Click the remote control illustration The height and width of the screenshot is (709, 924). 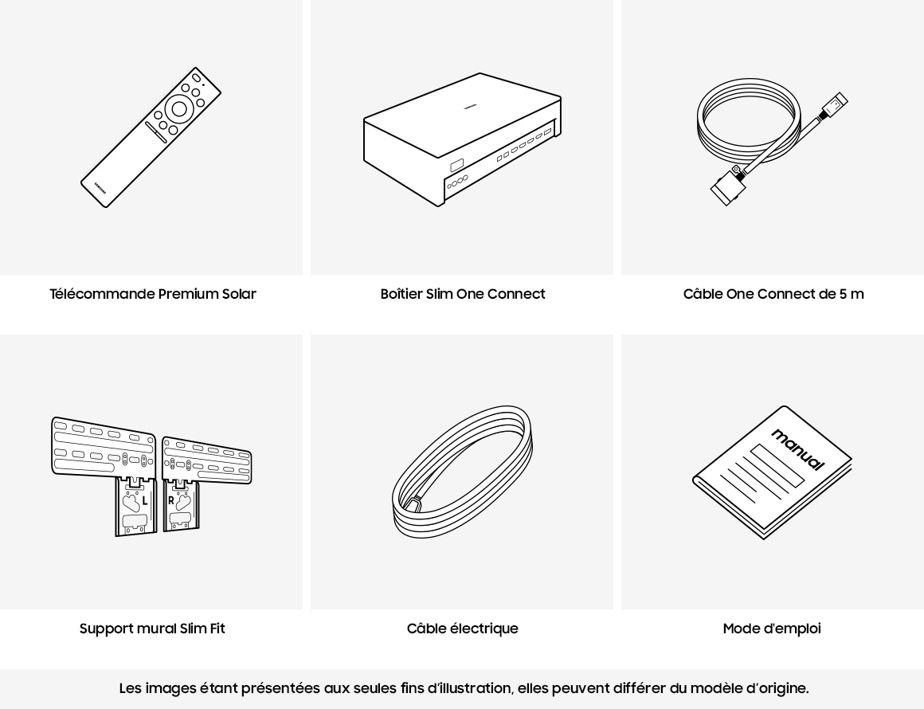tap(151, 137)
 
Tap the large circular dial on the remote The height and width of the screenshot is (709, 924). tap(179, 109)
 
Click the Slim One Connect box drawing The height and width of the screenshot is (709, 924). tap(462, 139)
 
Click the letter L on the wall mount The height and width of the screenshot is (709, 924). tap(145, 501)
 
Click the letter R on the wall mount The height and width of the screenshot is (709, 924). tap(171, 501)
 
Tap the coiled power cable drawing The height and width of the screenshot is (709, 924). tap(463, 472)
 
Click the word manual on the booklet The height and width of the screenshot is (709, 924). tap(797, 449)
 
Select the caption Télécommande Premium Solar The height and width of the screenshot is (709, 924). tap(153, 293)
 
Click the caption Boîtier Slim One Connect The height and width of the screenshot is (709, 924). tap(463, 293)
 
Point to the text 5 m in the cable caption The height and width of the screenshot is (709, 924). tap(852, 293)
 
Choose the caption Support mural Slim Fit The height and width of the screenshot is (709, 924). tap(152, 629)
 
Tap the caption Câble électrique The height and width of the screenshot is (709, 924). tap(463, 629)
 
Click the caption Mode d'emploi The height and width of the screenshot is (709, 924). tap(772, 629)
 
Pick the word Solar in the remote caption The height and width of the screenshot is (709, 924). tap(239, 293)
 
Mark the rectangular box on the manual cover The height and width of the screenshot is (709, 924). tap(777, 466)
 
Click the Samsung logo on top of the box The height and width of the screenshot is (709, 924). tap(470, 107)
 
